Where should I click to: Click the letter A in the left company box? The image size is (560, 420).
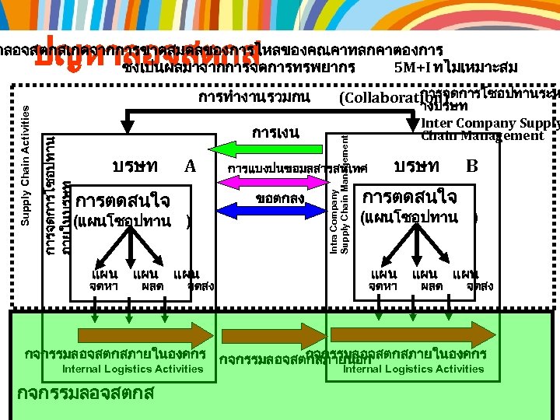pyautogui.click(x=189, y=166)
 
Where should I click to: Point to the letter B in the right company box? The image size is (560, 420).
pyautogui.click(x=471, y=166)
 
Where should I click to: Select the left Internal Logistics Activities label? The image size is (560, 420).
pyautogui.click(x=132, y=369)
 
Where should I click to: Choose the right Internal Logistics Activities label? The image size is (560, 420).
pyautogui.click(x=413, y=369)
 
